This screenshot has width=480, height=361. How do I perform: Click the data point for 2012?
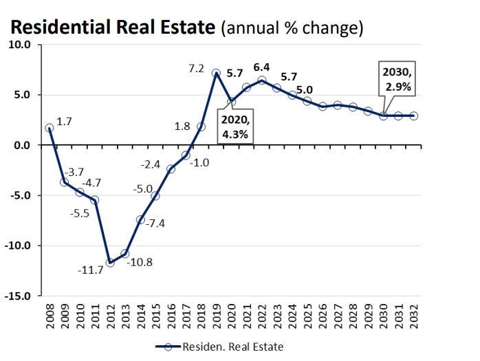click(x=110, y=263)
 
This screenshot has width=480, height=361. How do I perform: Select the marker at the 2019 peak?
click(x=216, y=73)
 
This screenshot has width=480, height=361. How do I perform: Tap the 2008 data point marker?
click(x=50, y=128)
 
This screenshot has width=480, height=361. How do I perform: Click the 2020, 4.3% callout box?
click(x=235, y=127)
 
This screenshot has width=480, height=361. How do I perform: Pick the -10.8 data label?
click(x=141, y=262)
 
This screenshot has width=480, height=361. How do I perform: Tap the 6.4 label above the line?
click(x=261, y=67)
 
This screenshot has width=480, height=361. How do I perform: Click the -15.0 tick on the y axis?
click(x=20, y=296)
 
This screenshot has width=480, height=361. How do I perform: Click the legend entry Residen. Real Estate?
click(x=219, y=347)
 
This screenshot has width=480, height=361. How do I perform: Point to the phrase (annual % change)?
click(x=292, y=28)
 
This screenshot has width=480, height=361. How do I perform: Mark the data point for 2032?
click(x=413, y=116)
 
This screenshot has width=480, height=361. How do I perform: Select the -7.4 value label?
click(x=156, y=223)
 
